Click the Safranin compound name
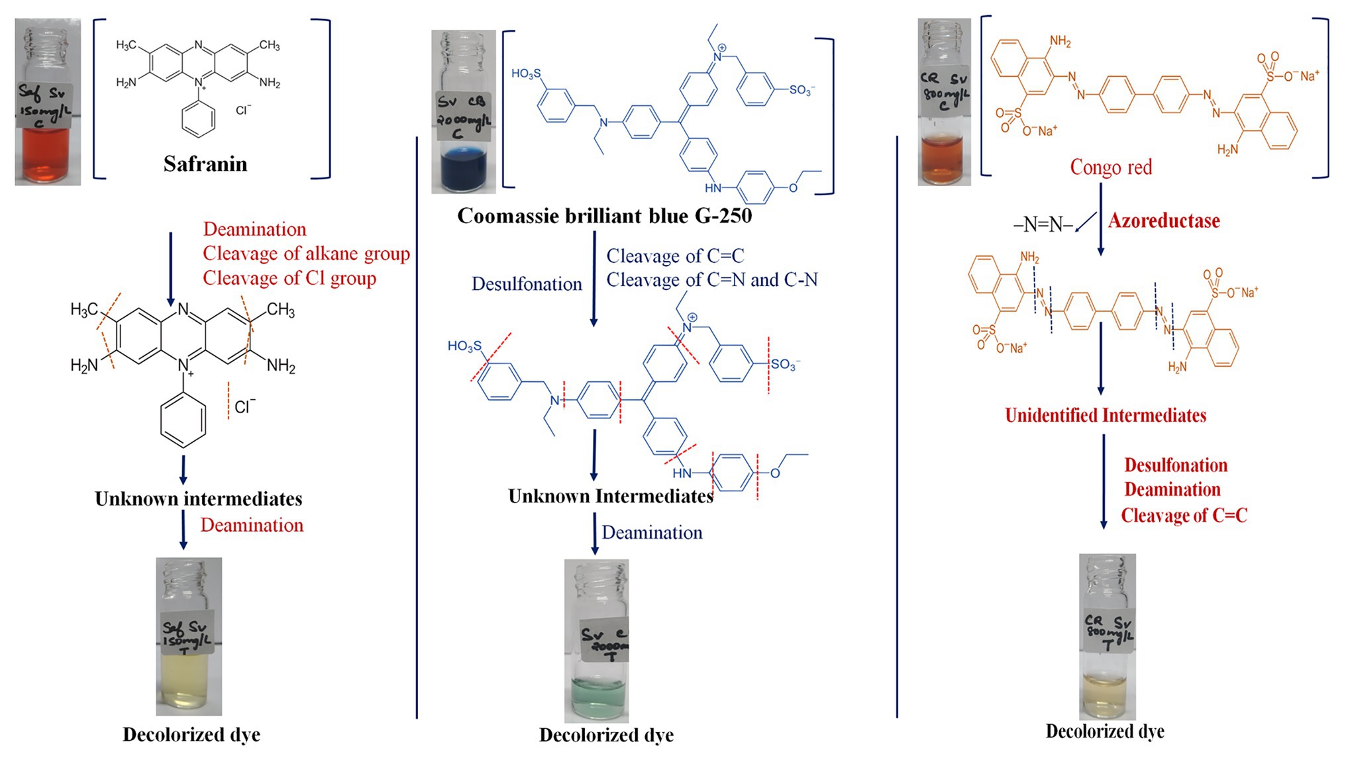point(205,164)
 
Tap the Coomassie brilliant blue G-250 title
point(604,216)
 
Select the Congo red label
point(1111,167)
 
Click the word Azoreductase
point(1164,220)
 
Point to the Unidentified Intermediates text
point(1105,415)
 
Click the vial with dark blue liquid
point(464,113)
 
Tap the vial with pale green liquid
point(596,640)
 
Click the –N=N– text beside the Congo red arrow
point(1043,225)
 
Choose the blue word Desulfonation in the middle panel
point(527,284)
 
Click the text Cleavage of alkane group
point(306,254)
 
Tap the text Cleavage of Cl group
point(289,278)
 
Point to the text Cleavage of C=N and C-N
point(712,280)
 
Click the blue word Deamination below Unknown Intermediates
point(652,532)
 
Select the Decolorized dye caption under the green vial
point(606,735)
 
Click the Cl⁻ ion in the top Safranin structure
point(243,109)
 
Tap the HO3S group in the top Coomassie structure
point(526,73)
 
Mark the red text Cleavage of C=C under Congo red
point(1184,515)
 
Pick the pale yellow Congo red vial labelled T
point(1107,637)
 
